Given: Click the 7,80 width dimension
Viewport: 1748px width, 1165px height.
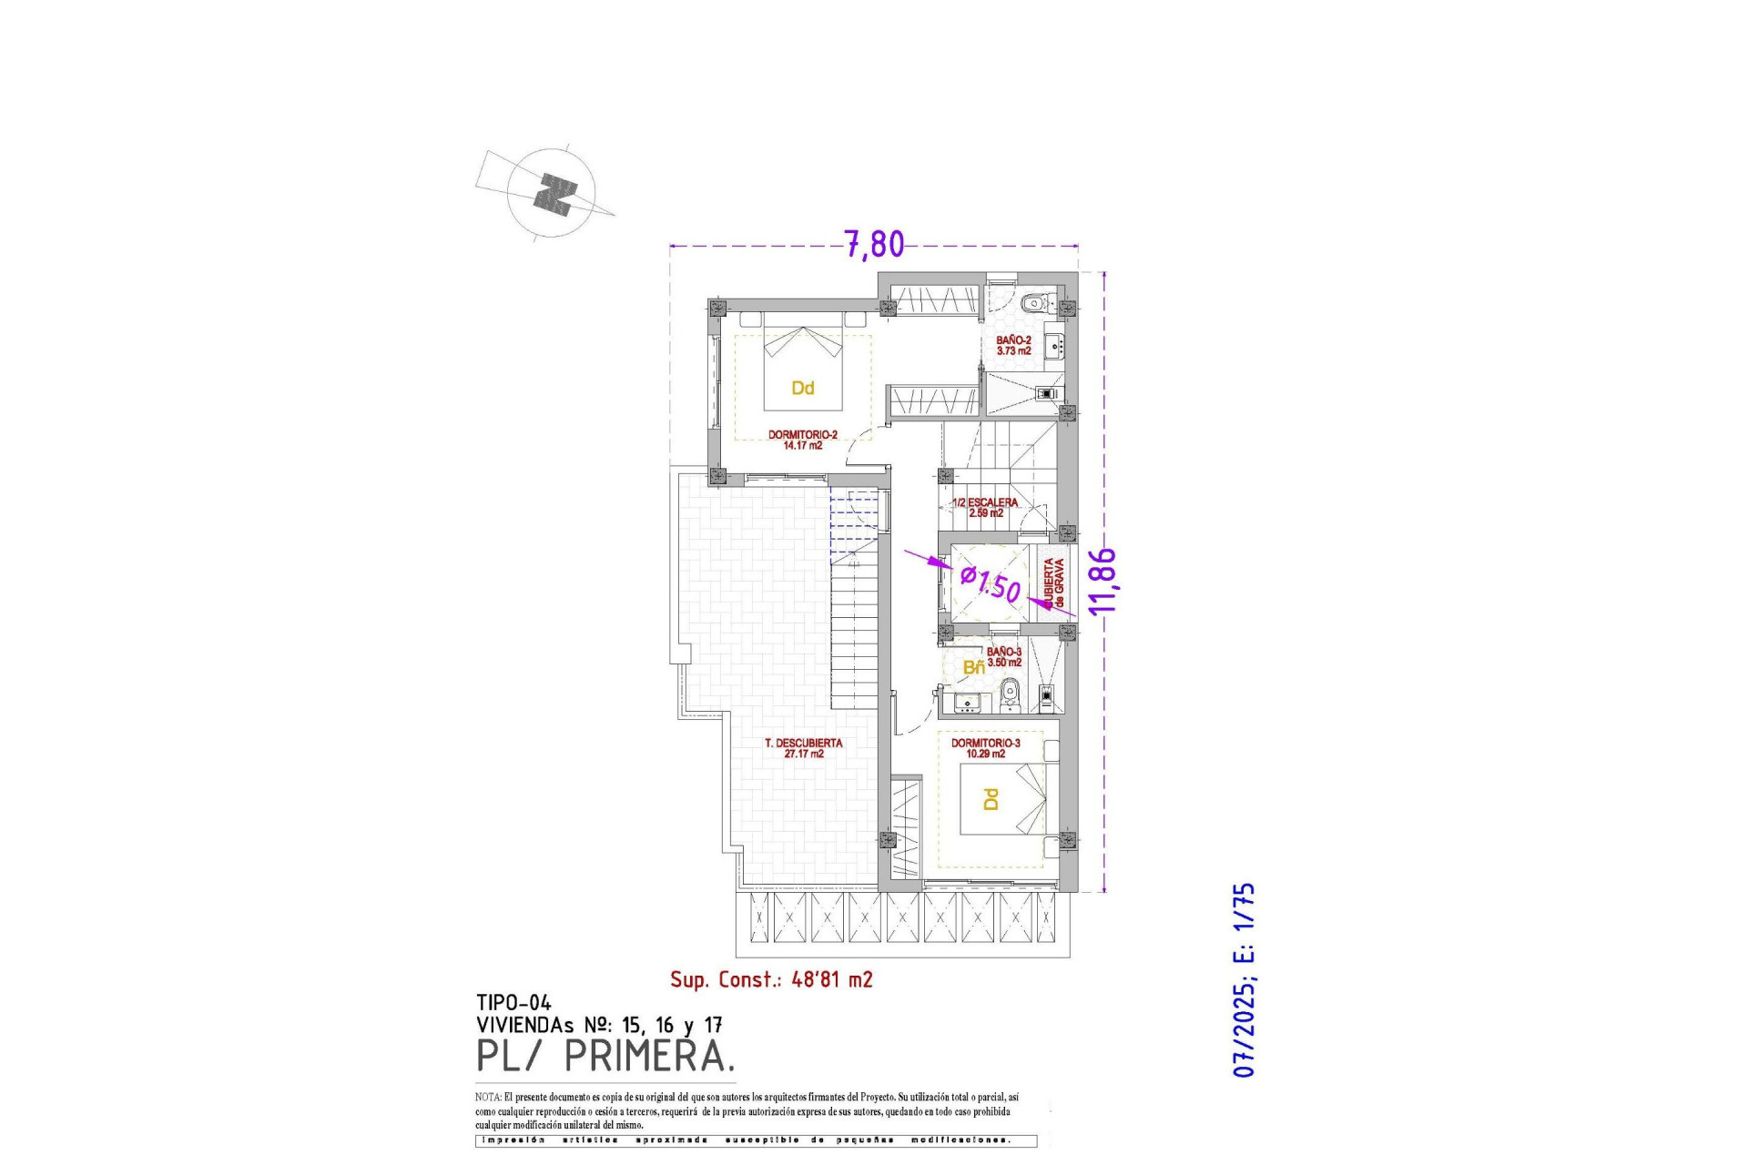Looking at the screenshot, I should tap(874, 244).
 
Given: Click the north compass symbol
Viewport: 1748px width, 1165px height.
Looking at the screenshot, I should tap(553, 194).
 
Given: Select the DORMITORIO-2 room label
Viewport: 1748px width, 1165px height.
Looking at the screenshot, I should tap(802, 440).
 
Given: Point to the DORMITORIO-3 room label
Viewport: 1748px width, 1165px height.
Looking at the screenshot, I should tap(985, 748).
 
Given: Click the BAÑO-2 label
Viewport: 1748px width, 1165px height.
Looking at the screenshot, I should tap(1013, 345).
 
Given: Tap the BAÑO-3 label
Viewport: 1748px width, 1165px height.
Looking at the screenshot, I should tap(1004, 657).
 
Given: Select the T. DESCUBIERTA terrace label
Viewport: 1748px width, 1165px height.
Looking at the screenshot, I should tap(803, 748).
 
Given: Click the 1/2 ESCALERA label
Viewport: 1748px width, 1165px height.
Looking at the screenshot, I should tap(985, 507).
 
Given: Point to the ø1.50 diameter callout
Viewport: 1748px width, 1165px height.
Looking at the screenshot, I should tap(991, 583).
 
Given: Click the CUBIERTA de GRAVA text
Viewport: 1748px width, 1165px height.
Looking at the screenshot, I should tap(1054, 583).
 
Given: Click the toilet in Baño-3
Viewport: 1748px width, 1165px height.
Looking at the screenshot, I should tap(1009, 698).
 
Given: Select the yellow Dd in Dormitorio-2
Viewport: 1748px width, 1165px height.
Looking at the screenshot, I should tap(802, 389).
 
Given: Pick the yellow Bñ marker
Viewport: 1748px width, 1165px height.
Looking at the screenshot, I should tap(973, 668).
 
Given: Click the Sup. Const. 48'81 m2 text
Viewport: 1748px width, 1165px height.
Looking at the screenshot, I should tap(771, 979).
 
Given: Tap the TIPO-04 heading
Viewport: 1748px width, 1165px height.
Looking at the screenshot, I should tap(513, 1003).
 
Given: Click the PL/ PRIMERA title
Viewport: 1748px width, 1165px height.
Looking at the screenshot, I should tap(605, 1057).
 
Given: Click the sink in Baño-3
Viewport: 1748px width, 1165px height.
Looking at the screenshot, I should tap(965, 702).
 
